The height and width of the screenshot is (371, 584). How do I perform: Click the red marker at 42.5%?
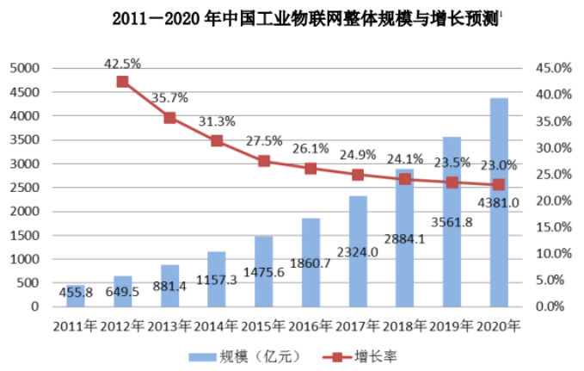coord(122,82)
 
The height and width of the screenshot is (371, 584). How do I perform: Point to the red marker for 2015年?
coord(264,161)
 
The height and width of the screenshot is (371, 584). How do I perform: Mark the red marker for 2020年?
coord(498,184)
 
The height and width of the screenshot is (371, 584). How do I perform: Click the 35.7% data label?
coord(170,98)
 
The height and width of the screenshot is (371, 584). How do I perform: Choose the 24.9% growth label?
coord(359,155)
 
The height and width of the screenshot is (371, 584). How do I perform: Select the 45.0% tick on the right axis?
coord(554,68)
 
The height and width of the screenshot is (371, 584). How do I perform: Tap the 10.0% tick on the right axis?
coord(554,254)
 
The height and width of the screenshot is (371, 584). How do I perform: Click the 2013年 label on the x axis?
coord(170,326)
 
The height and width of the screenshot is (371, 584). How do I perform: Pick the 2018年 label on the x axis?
coord(404,326)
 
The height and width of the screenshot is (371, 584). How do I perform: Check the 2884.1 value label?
coord(404,238)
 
